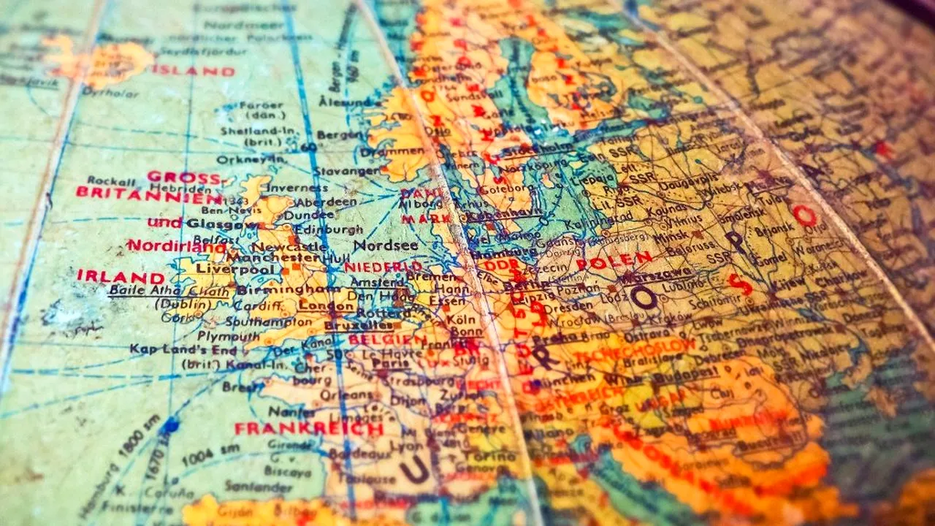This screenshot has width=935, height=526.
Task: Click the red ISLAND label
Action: (193, 71)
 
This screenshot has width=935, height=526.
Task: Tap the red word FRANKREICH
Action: (309, 429)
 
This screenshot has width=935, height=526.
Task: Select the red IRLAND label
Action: (121, 278)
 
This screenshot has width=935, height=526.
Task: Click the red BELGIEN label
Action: (387, 340)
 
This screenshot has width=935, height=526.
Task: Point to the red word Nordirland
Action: (176, 245)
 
